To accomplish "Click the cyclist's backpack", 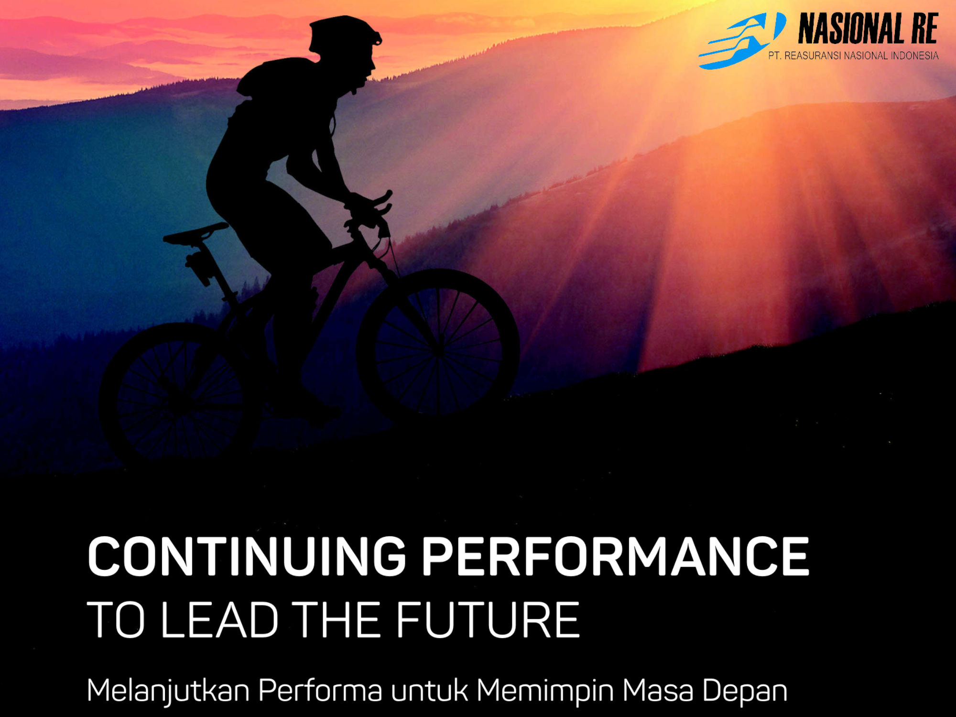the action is tap(268, 76).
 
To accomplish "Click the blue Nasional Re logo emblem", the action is tap(742, 41).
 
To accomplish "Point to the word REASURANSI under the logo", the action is tap(813, 56).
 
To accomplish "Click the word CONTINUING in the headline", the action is tap(247, 556).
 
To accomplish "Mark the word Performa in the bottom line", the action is tap(321, 690).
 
